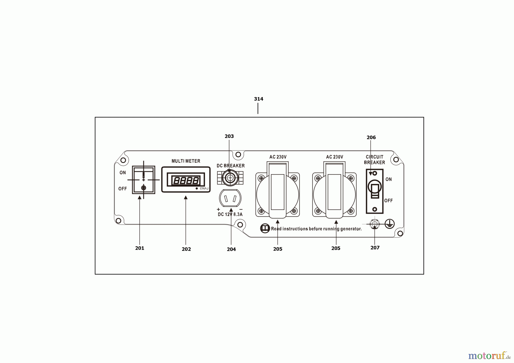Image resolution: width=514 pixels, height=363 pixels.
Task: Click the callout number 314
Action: pyautogui.click(x=258, y=99)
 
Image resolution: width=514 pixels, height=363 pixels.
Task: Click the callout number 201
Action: pyautogui.click(x=140, y=248)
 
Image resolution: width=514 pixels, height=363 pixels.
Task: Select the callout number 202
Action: pyautogui.click(x=186, y=249)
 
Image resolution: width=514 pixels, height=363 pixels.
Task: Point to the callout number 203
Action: pyautogui.click(x=229, y=136)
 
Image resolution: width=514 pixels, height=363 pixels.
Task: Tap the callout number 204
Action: pyautogui.click(x=231, y=249)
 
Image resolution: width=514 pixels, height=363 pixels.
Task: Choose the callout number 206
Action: pyautogui.click(x=371, y=138)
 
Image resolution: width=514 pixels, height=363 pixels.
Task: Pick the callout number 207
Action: pyautogui.click(x=375, y=248)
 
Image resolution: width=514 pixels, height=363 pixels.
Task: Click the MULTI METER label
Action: pyautogui.click(x=186, y=161)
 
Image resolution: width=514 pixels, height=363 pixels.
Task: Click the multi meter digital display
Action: pyautogui.click(x=186, y=180)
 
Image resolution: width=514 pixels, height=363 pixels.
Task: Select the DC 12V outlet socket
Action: pyautogui.click(x=230, y=198)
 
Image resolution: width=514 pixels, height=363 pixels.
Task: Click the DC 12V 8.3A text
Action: pyautogui.click(x=230, y=215)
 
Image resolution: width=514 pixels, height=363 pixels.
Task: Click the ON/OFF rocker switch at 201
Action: pyautogui.click(x=143, y=180)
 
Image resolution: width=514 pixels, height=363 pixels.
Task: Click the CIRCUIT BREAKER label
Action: pyautogui.click(x=374, y=160)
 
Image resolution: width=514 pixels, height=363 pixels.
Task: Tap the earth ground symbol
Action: pyautogui.click(x=389, y=224)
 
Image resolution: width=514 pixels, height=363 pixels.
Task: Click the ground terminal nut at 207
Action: pyautogui.click(x=374, y=224)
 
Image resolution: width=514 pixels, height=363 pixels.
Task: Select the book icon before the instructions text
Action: pyautogui.click(x=265, y=228)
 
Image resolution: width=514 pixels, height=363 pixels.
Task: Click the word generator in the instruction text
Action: pyautogui.click(x=351, y=229)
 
